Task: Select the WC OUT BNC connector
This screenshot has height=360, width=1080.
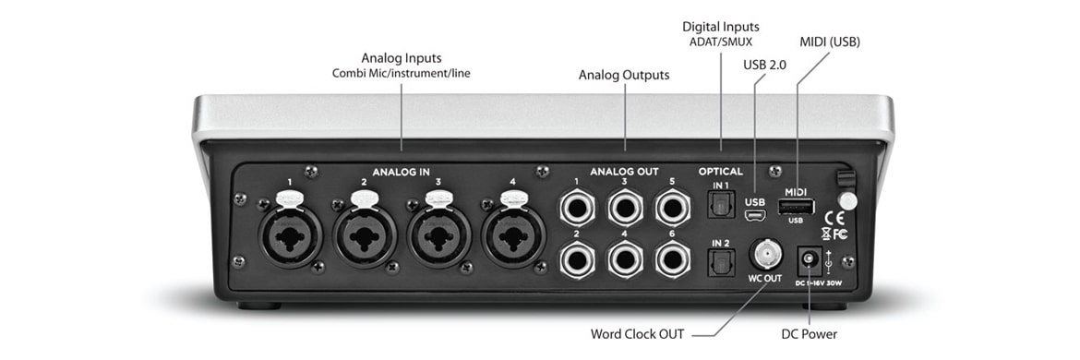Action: pos(765,252)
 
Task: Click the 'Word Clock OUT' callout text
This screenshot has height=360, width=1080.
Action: pos(639,333)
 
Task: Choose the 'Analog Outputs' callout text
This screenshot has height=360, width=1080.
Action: pos(624,74)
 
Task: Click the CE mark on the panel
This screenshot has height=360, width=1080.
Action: pos(831,219)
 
